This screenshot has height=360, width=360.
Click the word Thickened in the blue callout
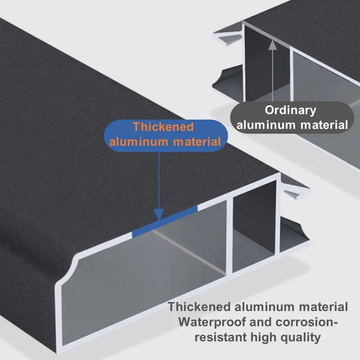pyautogui.click(x=163, y=127)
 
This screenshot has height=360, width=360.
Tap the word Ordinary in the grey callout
pyautogui.click(x=290, y=110)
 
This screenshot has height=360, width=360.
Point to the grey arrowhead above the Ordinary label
pyautogui.click(x=273, y=45)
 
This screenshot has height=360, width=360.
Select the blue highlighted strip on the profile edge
pyautogui.click(x=165, y=221)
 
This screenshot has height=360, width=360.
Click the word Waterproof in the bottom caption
pyautogui.click(x=212, y=322)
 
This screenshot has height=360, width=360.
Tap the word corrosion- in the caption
pyautogui.click(x=306, y=322)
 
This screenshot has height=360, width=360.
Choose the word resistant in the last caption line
pyautogui.click(x=220, y=337)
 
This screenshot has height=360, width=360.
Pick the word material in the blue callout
pyautogui.click(x=197, y=142)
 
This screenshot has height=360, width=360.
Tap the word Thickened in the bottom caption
pyautogui.click(x=199, y=307)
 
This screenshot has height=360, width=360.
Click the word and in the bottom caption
pyautogui.click(x=261, y=322)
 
